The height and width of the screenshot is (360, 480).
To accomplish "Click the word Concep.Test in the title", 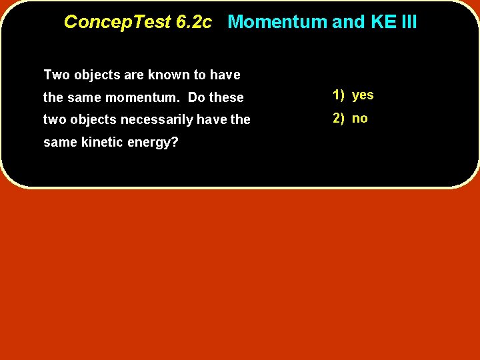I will (x=117, y=22).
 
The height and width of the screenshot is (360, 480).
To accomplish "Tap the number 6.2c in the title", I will (x=194, y=22).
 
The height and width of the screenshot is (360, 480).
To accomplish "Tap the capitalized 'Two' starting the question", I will (x=55, y=75).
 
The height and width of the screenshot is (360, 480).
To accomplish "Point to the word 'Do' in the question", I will (x=197, y=97).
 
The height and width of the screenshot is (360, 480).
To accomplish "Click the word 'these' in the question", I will (x=227, y=97).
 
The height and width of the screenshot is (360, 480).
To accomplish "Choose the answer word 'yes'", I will (x=363, y=95).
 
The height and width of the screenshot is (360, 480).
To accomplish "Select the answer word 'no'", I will (x=360, y=119).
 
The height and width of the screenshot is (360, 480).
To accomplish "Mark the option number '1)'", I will (x=339, y=95).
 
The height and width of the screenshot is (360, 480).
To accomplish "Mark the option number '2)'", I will (x=339, y=119).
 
